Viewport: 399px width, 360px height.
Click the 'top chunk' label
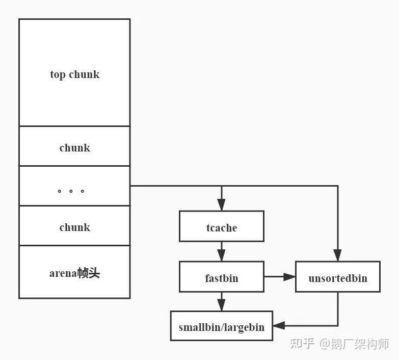coord(74,74)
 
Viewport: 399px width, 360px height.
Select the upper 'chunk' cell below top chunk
coord(74,148)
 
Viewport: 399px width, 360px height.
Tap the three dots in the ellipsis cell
coord(71,192)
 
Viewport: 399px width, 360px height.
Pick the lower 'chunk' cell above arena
coord(74,227)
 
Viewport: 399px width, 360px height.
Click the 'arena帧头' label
coord(74,273)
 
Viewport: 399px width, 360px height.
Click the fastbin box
coord(221,278)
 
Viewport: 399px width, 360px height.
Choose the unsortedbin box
coord(337,278)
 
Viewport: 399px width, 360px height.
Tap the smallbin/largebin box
coord(221,327)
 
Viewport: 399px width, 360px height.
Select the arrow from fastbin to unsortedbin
coord(280,277)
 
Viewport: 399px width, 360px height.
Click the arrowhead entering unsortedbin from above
coord(337,256)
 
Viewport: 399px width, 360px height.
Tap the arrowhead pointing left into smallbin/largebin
coord(278,325)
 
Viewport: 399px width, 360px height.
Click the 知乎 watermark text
coord(302,344)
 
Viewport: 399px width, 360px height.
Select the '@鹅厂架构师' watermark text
coord(354,344)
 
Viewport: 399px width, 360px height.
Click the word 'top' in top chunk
coord(58,74)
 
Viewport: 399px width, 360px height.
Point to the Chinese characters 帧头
coord(89,273)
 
